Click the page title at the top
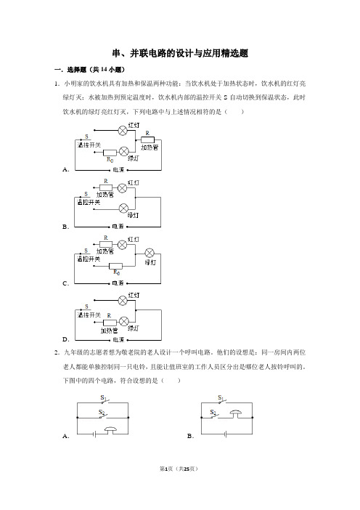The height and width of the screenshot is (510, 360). [180, 53]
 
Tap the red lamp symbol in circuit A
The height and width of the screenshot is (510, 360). [123, 131]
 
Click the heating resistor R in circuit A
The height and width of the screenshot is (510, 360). [147, 140]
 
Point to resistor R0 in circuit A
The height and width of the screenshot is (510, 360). [110, 153]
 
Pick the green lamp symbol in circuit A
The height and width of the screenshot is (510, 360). [124, 152]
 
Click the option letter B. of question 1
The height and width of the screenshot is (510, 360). [65, 227]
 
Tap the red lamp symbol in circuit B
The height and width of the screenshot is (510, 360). [122, 188]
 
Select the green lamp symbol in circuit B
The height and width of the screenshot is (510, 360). [123, 209]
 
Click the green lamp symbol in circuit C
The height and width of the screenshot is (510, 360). [150, 253]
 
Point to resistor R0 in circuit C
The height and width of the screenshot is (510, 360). [115, 266]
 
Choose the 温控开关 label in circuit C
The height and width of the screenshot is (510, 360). [89, 259]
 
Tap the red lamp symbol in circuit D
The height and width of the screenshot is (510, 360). [123, 301]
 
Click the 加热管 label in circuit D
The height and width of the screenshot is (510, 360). [109, 331]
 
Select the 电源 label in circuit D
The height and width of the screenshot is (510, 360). [118, 339]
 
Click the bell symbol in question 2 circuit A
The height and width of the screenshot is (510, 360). [110, 431]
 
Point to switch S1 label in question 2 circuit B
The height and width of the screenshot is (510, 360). [221, 397]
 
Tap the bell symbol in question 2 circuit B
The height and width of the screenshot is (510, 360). [236, 414]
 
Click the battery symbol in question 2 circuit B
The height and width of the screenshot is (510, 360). [226, 434]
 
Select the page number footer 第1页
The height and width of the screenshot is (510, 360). [167, 469]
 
